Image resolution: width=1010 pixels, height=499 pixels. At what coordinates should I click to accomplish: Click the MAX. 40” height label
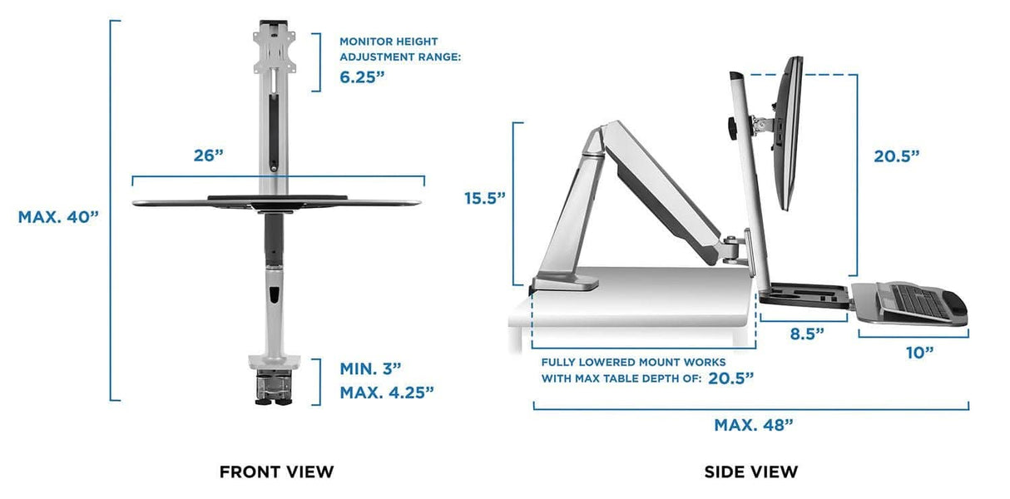(58, 216)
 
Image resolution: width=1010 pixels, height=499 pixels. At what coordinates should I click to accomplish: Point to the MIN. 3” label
(370, 368)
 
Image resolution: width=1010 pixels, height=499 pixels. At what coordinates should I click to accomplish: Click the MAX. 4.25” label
(387, 391)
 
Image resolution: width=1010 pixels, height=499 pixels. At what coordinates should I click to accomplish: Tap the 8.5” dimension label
(806, 334)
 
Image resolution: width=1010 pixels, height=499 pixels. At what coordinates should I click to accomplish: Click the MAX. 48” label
(754, 425)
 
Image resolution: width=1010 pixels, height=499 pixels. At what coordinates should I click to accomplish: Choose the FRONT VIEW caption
(276, 472)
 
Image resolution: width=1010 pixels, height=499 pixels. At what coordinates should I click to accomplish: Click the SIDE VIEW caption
(750, 472)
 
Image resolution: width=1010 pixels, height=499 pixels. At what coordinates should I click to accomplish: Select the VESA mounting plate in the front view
(270, 52)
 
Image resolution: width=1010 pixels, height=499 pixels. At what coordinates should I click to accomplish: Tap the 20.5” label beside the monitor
(896, 156)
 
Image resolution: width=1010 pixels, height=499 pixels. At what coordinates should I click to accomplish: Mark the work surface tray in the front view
(276, 200)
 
